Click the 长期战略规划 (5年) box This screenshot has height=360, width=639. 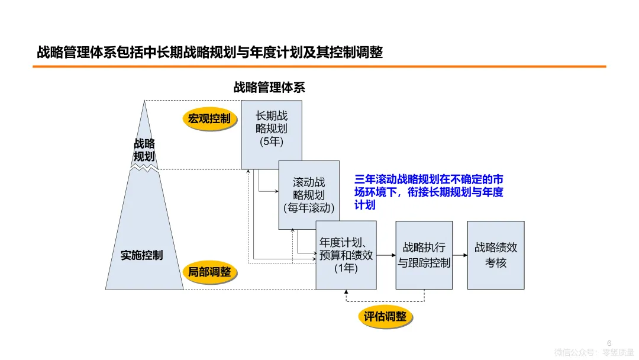pyautogui.click(x=272, y=134)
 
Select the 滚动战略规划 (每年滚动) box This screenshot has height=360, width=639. pyautogui.click(x=309, y=195)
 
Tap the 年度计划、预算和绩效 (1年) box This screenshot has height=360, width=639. pyautogui.click(x=346, y=255)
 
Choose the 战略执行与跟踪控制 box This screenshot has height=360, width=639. pyautogui.click(x=424, y=255)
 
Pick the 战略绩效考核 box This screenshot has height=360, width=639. pyautogui.click(x=496, y=255)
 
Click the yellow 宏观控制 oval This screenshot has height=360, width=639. pyautogui.click(x=209, y=119)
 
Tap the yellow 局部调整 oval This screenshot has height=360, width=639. pyautogui.click(x=209, y=272)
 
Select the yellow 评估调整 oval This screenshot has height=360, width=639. pyautogui.click(x=385, y=317)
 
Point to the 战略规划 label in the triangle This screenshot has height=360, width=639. pyautogui.click(x=144, y=150)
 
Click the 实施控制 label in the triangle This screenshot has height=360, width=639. pyautogui.click(x=142, y=256)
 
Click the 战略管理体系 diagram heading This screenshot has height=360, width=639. pyautogui.click(x=269, y=88)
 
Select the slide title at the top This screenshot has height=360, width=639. pyautogui.click(x=210, y=53)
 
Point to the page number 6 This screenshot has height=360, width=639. pyautogui.click(x=609, y=342)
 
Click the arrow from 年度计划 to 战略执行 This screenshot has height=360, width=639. pyautogui.click(x=386, y=255)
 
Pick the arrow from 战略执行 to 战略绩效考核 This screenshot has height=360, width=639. pyautogui.click(x=460, y=255)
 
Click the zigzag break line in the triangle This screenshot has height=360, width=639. pyautogui.click(x=144, y=168)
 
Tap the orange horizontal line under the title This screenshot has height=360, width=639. pyautogui.click(x=319, y=67)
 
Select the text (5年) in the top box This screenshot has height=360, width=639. pyautogui.click(x=272, y=142)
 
